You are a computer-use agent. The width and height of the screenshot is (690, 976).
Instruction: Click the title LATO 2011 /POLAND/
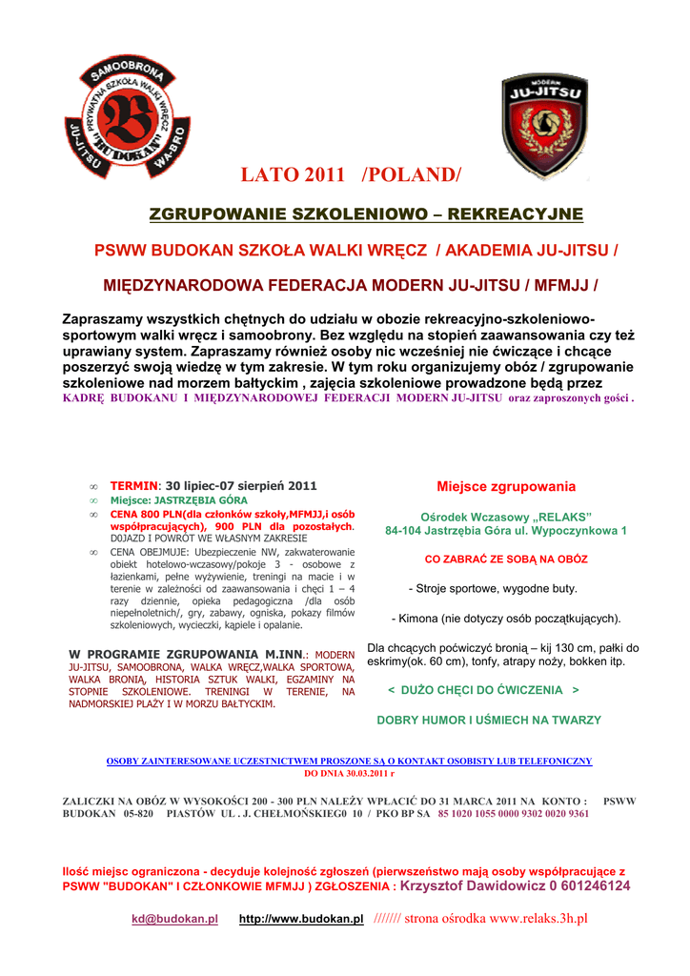click(x=352, y=175)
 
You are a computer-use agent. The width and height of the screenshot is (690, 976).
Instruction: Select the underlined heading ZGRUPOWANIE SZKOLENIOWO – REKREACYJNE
click(x=366, y=213)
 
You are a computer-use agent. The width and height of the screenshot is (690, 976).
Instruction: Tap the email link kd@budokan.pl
click(x=174, y=919)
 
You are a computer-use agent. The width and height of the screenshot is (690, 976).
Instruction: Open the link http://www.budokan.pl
click(x=301, y=919)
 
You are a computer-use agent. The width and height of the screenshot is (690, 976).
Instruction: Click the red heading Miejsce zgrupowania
click(x=506, y=486)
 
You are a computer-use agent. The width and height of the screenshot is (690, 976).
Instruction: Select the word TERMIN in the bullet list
click(x=133, y=485)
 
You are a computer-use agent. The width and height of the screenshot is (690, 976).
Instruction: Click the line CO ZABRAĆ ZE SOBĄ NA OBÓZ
click(x=506, y=559)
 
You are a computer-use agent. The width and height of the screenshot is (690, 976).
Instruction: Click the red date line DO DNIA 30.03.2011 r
click(x=349, y=774)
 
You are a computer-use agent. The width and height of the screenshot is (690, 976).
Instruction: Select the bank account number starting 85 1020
click(x=514, y=814)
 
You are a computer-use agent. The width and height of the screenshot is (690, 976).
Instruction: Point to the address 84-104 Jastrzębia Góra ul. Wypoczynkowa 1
click(x=506, y=530)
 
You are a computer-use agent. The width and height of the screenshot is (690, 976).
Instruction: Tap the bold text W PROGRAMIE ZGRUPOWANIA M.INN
click(x=185, y=654)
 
